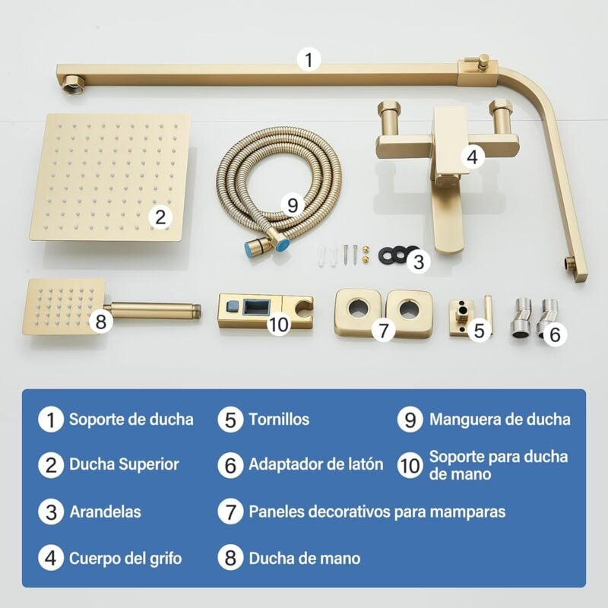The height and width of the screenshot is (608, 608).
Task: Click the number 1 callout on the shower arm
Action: point(308,60)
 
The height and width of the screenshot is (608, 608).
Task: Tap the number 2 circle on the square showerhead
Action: point(159,216)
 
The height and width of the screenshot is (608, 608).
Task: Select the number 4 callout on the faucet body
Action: point(473,157)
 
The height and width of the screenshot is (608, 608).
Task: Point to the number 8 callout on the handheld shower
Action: point(100,321)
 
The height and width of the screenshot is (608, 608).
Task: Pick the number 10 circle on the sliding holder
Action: point(279,325)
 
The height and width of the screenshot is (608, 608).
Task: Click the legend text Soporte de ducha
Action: point(131,420)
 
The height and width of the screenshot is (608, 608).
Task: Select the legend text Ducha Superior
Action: point(124,464)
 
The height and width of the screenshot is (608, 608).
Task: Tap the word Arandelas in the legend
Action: point(105,512)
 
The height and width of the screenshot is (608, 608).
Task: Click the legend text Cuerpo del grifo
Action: point(125,559)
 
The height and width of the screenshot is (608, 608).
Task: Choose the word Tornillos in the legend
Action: point(279,420)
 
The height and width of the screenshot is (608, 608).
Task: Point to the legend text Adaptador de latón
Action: point(315,464)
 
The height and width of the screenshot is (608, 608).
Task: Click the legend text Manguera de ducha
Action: point(499,420)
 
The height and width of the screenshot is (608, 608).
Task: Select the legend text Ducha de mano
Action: point(304,559)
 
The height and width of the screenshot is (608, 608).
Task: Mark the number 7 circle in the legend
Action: point(230,512)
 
